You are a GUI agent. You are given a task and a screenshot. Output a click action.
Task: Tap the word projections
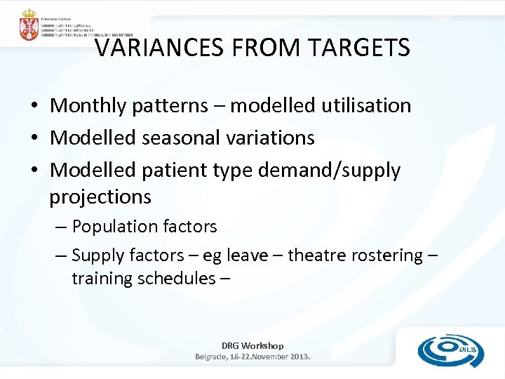[100, 197]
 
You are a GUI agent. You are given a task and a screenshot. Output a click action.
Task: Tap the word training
[102, 279]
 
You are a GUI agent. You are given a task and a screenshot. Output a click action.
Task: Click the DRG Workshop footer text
[252, 345]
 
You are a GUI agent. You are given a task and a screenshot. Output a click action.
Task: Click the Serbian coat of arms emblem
[29, 25]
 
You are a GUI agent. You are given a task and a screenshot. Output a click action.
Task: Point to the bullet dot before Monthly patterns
[34, 107]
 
